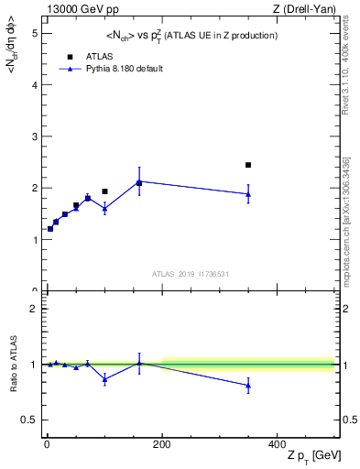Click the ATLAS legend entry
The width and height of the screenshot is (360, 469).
point(89,55)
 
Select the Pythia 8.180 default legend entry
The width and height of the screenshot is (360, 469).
point(110,68)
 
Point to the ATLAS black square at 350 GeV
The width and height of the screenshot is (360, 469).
point(248,165)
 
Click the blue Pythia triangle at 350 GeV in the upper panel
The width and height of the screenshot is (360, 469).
point(248,194)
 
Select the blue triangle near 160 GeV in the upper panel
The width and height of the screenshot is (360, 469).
point(139,182)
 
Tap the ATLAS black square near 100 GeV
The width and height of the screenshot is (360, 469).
point(104,191)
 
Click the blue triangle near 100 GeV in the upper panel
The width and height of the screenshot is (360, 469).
point(104,209)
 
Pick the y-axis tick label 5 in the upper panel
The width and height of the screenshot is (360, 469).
point(34,33)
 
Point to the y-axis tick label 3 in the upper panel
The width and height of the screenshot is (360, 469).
point(34,136)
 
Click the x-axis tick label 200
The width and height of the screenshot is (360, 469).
point(162,444)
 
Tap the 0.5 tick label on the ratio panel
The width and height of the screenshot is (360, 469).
point(29,420)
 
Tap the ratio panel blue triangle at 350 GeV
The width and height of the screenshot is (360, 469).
point(248,386)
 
